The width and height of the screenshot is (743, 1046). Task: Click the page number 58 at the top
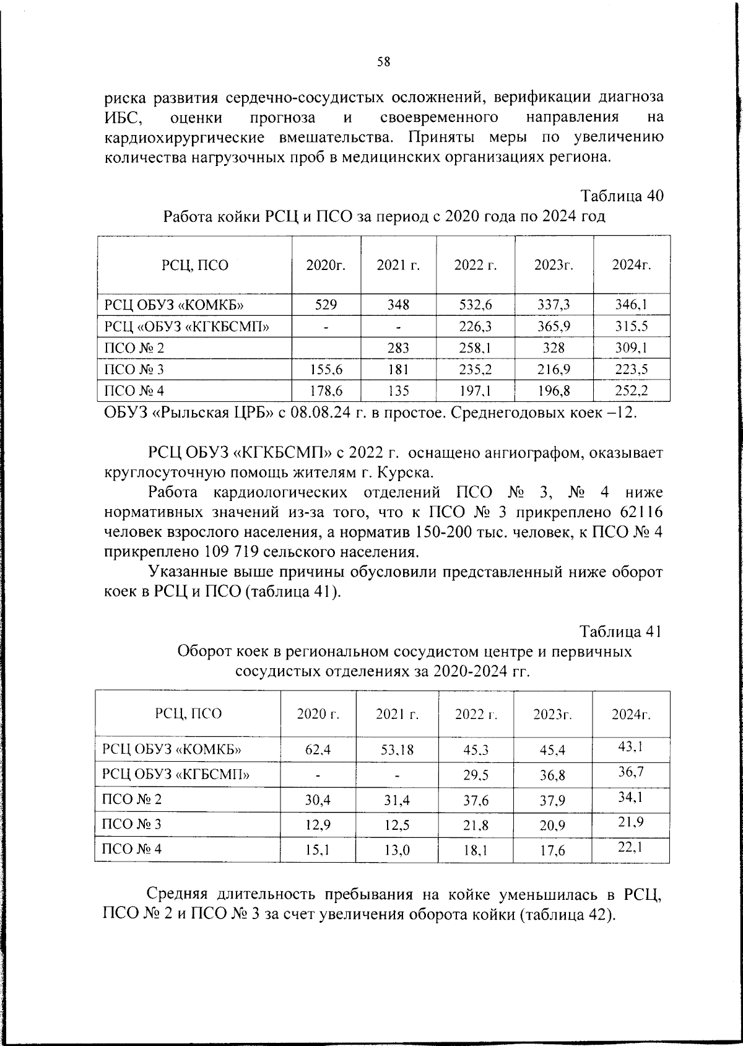point(383,61)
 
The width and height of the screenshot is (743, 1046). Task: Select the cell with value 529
point(326,305)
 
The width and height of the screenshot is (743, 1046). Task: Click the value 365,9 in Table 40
point(554,326)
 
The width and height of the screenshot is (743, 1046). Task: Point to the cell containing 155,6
point(326,370)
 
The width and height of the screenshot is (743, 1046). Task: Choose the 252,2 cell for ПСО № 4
point(631,391)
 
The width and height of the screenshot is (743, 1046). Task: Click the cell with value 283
point(398,348)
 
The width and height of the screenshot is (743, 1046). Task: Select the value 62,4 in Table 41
point(318,750)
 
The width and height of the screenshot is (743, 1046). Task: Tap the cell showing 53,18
point(397,750)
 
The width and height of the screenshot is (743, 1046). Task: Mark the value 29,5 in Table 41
point(476,775)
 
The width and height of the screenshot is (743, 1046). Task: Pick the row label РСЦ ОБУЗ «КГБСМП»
point(176,774)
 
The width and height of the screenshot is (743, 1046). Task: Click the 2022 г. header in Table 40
point(475,265)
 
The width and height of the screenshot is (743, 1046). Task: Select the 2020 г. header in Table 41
point(318,713)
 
